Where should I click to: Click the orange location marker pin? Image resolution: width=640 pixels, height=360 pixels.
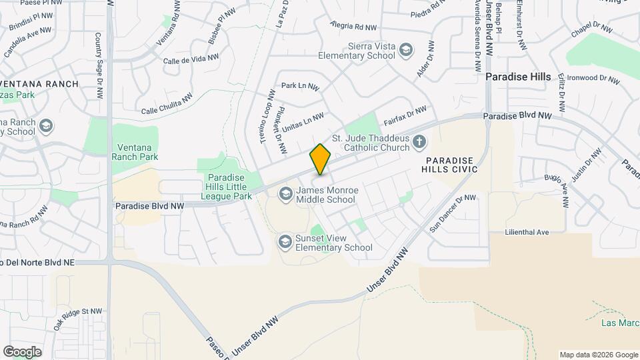[320, 159]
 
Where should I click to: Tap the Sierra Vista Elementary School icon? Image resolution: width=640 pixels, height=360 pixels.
[405, 50]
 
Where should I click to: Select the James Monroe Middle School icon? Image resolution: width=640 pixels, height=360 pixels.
[285, 194]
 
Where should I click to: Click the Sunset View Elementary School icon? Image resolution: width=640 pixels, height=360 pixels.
[285, 241]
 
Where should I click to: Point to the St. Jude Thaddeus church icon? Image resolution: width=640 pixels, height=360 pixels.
[419, 141]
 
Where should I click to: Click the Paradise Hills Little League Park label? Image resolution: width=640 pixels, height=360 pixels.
[229, 187]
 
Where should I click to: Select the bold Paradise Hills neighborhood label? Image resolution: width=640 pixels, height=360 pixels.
[518, 77]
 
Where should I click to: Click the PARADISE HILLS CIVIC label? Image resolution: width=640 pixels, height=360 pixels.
[451, 165]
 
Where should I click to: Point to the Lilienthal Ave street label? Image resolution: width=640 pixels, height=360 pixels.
[526, 232]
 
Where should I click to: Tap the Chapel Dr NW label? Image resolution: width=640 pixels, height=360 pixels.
[591, 30]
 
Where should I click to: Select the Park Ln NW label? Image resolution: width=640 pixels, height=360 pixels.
[300, 86]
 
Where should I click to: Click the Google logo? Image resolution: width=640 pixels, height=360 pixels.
[22, 351]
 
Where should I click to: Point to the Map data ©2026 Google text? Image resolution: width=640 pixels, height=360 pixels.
[598, 355]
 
